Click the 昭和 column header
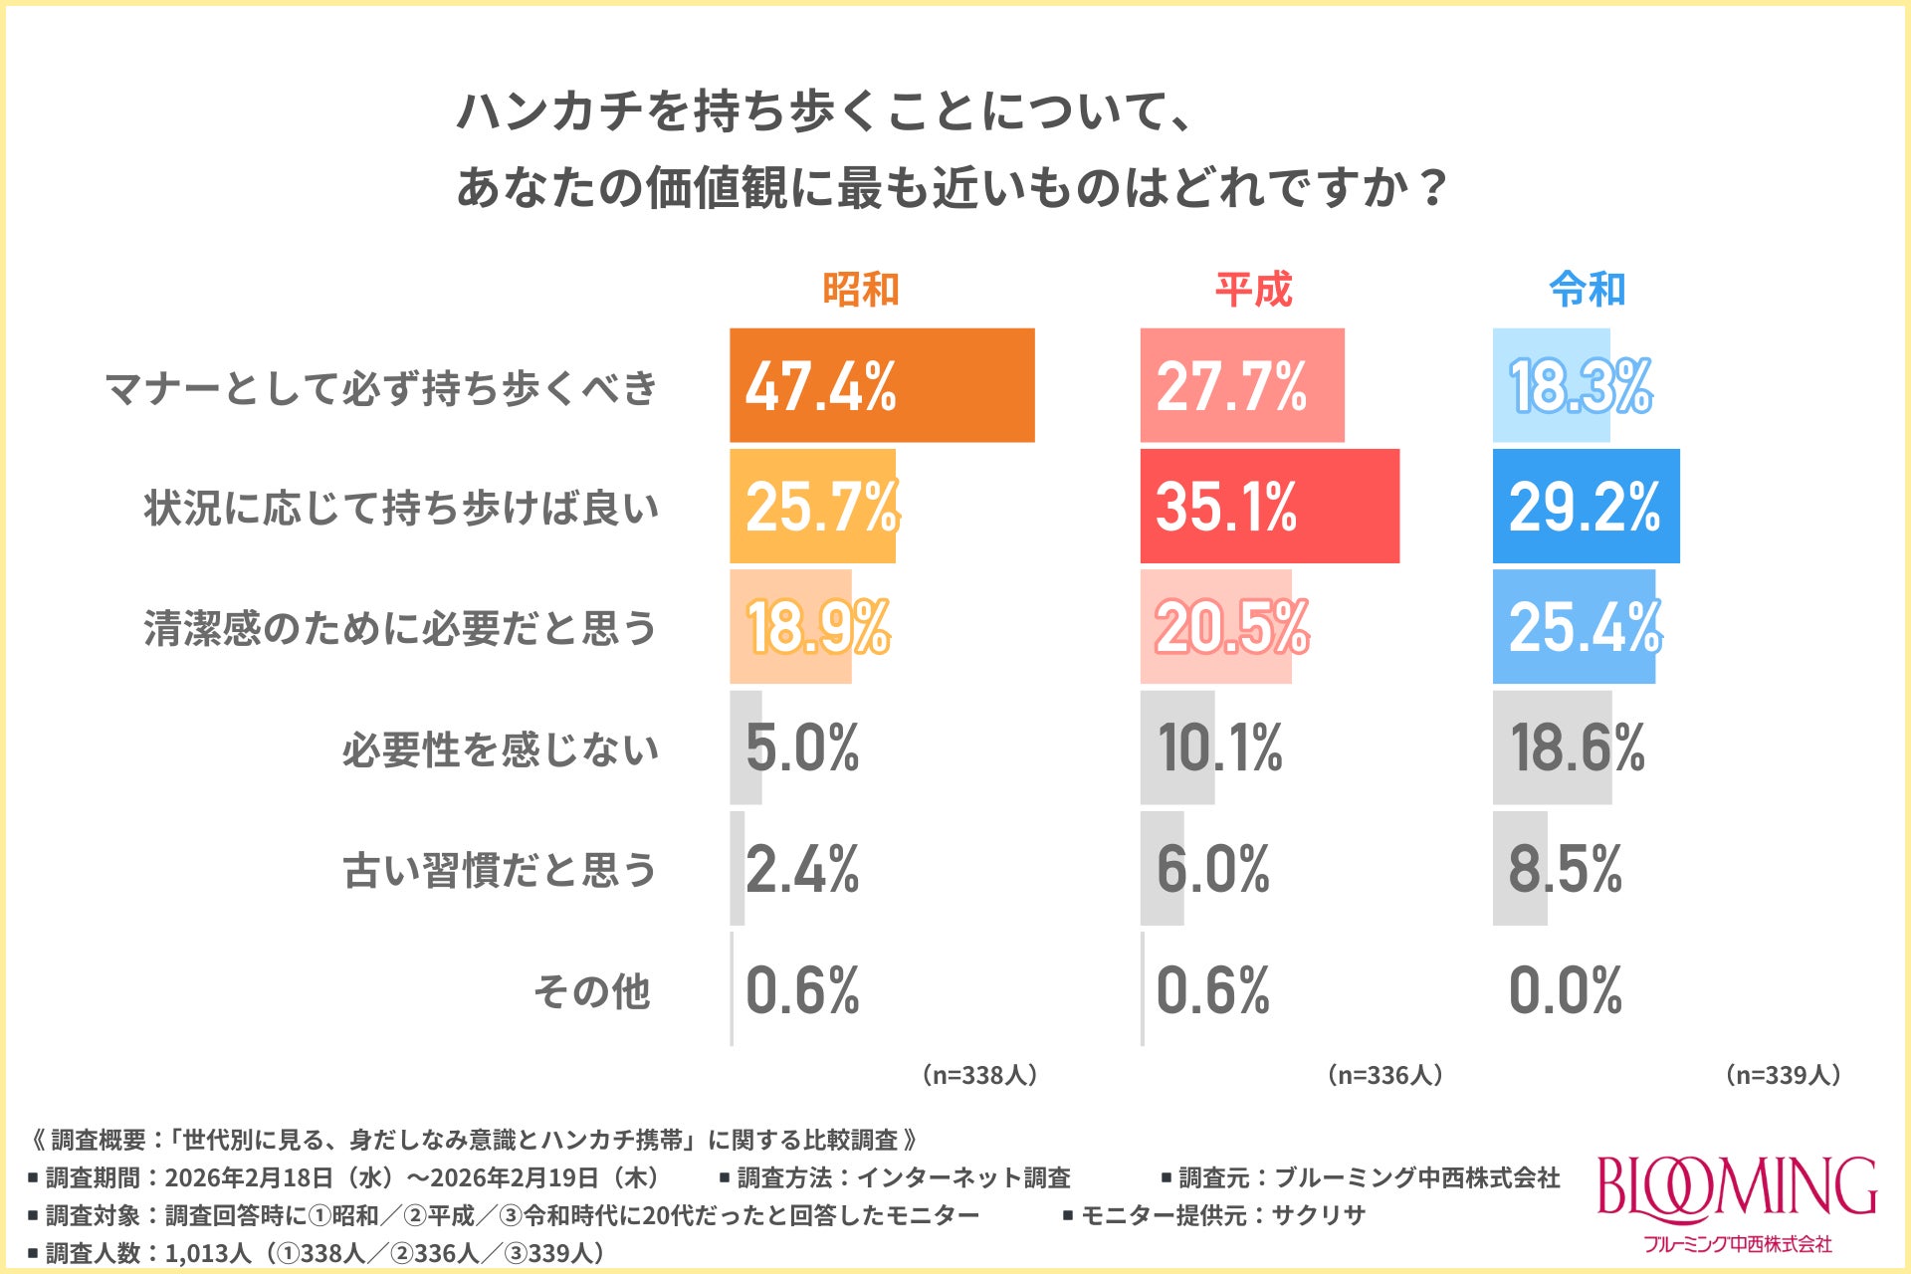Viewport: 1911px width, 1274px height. (x=860, y=290)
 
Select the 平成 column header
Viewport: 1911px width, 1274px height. (x=1253, y=290)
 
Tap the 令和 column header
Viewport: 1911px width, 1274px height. (x=1587, y=290)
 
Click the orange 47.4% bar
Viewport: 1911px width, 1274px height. (x=882, y=385)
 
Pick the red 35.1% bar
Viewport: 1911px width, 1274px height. (x=1269, y=506)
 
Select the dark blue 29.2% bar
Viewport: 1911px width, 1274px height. (x=1586, y=506)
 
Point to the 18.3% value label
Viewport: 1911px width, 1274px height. (x=1581, y=386)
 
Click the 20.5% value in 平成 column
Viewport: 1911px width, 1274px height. (x=1232, y=627)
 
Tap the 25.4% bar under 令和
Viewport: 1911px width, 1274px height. (x=1574, y=627)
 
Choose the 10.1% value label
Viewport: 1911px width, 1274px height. (x=1219, y=747)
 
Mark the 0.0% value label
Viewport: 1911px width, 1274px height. (x=1565, y=990)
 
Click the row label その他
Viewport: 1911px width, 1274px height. (x=592, y=991)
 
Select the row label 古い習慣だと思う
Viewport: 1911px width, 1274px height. (x=500, y=870)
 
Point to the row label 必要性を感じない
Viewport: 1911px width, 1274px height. (x=500, y=748)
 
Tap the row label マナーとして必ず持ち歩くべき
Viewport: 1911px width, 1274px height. (x=381, y=387)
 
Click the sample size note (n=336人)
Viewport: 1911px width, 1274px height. (x=1384, y=1075)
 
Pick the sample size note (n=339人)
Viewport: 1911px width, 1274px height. (x=1783, y=1075)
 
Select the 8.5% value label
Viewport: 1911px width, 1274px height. (x=1565, y=869)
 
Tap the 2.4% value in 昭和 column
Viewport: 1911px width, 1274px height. (x=802, y=869)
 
